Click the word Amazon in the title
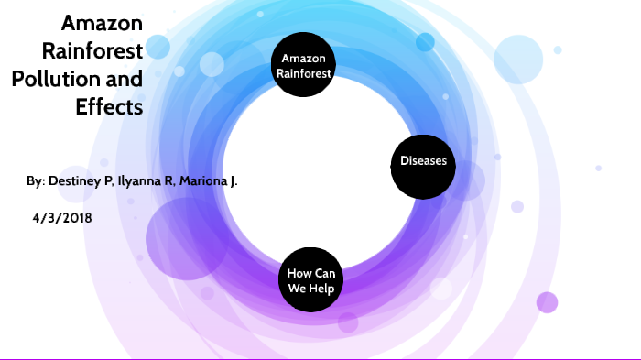(102, 24)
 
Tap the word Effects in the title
(109, 106)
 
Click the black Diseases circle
(423, 162)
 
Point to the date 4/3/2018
(60, 218)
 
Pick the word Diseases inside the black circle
(423, 162)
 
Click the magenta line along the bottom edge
(320, 358)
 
